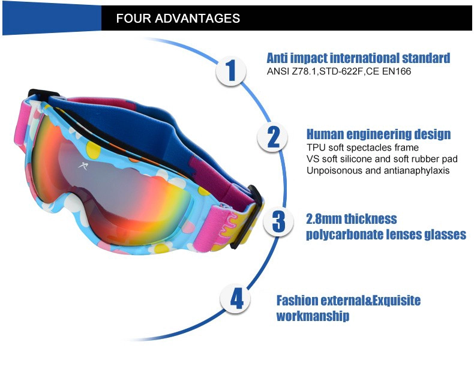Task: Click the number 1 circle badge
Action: (x=231, y=71)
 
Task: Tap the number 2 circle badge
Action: (x=272, y=137)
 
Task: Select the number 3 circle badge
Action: (x=278, y=221)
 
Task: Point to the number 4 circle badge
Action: (x=235, y=299)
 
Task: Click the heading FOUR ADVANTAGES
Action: (x=178, y=19)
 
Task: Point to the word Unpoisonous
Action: (x=335, y=170)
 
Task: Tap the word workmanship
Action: (x=313, y=316)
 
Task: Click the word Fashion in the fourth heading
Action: (x=297, y=300)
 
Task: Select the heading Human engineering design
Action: (x=379, y=134)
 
